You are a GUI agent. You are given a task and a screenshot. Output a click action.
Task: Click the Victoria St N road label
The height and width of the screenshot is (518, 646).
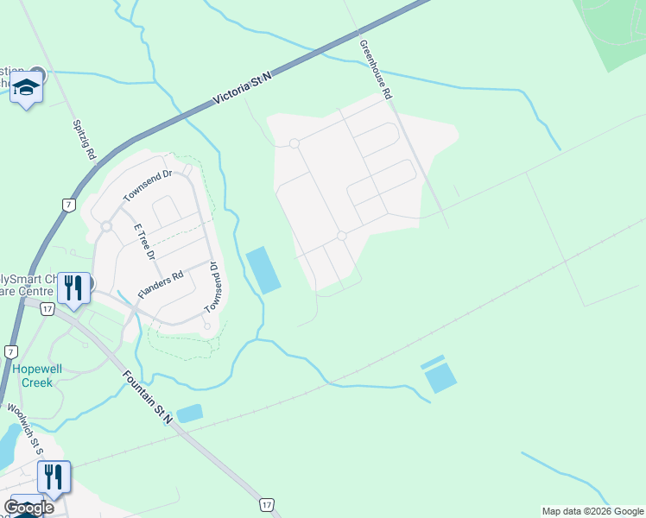tap(243, 89)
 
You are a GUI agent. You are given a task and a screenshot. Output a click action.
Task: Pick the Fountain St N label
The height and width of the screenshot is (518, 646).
tap(148, 397)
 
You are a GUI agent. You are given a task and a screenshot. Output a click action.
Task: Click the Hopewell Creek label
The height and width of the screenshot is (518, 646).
tap(37, 375)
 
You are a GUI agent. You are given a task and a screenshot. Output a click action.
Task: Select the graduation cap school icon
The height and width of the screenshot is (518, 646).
tap(27, 88)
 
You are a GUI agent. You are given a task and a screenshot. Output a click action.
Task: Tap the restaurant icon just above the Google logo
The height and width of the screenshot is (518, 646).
tap(54, 476)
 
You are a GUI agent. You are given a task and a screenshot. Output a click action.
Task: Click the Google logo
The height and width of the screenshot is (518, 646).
tap(28, 508)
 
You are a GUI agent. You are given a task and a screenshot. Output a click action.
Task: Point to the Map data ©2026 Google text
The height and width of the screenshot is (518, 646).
tap(592, 511)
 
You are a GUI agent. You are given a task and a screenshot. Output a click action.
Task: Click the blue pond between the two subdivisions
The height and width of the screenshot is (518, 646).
tap(263, 269)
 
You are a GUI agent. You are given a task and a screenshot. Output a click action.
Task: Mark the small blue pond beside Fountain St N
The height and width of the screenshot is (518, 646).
tap(189, 414)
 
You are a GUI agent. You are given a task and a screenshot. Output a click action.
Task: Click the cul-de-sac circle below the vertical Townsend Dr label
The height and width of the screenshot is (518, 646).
tap(207, 326)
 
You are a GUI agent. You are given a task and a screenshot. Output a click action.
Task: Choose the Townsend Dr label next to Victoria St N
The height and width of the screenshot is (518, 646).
tap(148, 186)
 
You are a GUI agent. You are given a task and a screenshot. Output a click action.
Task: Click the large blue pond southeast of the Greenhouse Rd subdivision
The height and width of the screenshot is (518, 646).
tap(440, 377)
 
